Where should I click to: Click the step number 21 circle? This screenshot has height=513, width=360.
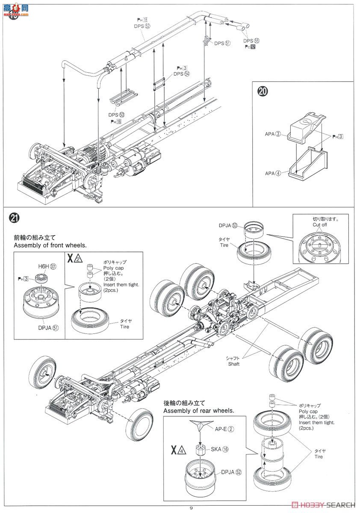pyautogui.click(x=14, y=218)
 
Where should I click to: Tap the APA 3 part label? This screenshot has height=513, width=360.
pyautogui.click(x=272, y=134)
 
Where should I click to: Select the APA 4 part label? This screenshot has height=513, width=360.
pyautogui.click(x=272, y=173)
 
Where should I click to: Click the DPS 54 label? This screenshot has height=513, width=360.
pyautogui.click(x=181, y=74)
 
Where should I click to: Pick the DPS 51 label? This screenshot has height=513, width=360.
pyautogui.click(x=222, y=43)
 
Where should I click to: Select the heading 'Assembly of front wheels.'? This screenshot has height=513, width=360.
pyautogui.click(x=50, y=245)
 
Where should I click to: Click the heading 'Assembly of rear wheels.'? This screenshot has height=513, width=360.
pyautogui.click(x=199, y=410)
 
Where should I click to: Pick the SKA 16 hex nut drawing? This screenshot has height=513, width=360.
pyautogui.click(x=202, y=449)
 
